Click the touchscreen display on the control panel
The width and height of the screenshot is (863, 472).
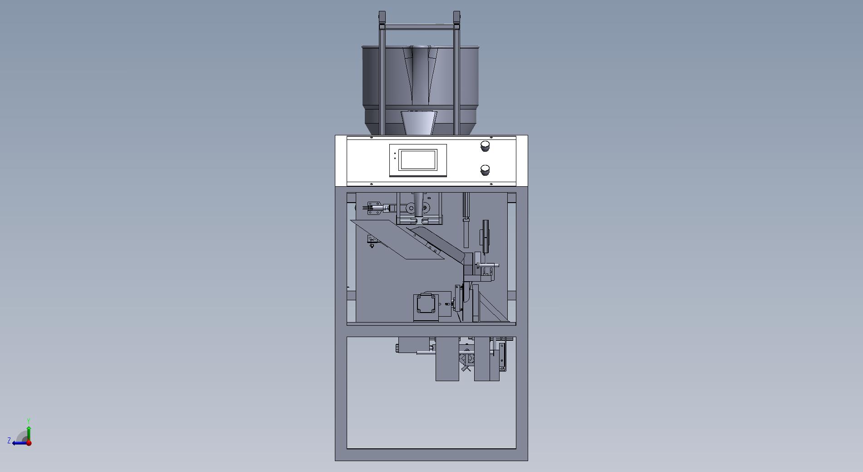[418, 160]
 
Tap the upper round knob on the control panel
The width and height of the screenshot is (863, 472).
[485, 146]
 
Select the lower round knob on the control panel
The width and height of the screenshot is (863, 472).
[485, 170]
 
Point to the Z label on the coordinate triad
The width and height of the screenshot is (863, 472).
[9, 441]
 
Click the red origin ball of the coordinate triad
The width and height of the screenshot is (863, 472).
[29, 443]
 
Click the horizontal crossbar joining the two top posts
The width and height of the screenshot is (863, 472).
[419, 27]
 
